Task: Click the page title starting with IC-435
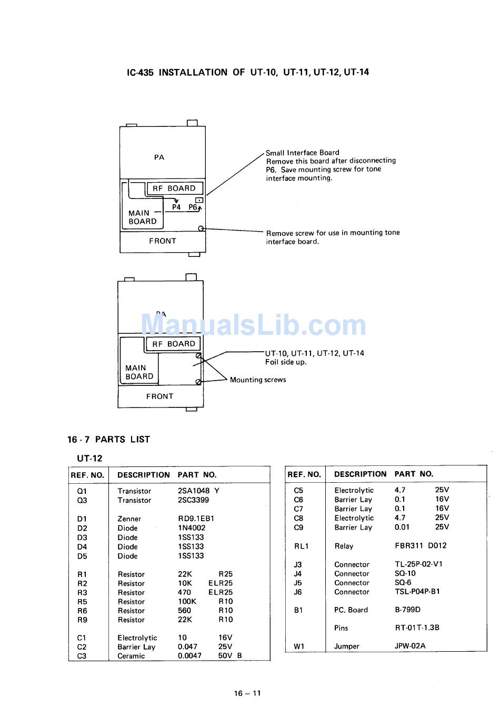[248, 72]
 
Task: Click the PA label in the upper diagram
[159, 157]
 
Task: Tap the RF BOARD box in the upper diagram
[174, 188]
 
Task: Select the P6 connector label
[193, 207]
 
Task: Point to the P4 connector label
[176, 207]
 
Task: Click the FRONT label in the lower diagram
[159, 396]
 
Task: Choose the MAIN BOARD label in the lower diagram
[139, 372]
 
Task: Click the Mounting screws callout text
[258, 380]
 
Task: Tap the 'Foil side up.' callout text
[286, 362]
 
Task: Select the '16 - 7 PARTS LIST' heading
[108, 439]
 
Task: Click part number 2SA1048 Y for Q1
[198, 491]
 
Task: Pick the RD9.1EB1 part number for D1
[196, 519]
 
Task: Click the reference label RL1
[301, 546]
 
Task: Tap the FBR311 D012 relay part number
[420, 546]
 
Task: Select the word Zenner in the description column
[129, 519]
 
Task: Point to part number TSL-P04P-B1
[417, 592]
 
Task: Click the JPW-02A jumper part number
[410, 646]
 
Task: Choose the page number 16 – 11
[247, 693]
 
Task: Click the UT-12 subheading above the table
[89, 458]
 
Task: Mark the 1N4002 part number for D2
[192, 528]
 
